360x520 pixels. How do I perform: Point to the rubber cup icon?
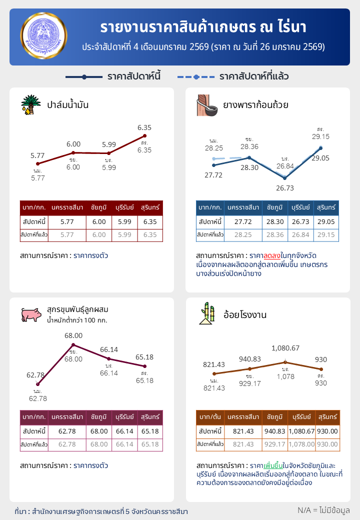point(207,105)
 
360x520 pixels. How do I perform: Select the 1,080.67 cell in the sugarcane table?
point(301,431)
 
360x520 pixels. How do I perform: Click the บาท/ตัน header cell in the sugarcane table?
point(210,417)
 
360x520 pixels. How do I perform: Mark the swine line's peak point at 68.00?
point(73,345)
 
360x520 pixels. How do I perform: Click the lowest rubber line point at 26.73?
point(285,178)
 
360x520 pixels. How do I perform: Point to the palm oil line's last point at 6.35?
point(144,135)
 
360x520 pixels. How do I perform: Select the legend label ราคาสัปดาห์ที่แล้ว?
point(254,76)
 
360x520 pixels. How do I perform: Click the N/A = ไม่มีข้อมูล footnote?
point(323,510)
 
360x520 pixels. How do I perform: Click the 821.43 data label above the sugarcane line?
point(214,364)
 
